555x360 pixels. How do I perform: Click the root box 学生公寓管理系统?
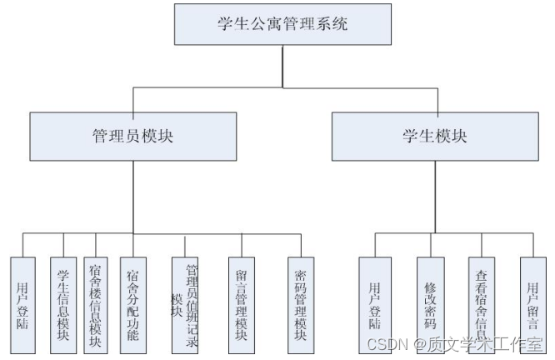pos(282,24)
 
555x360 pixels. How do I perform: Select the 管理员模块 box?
pos(132,137)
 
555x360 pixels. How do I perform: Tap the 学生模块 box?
pos(434,137)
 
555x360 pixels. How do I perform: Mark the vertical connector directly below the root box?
pos(282,65)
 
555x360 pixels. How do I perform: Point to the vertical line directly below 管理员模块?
pos(132,197)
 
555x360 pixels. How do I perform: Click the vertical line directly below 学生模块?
pos(434,197)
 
